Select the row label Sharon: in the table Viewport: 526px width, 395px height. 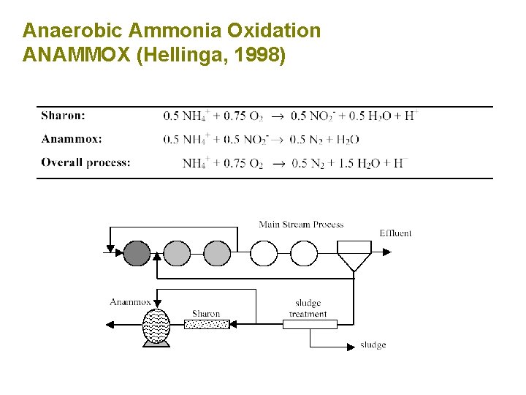[63, 116]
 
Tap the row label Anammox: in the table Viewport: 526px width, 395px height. [72, 139]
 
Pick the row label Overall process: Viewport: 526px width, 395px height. [86, 162]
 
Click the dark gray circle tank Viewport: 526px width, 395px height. [137, 253]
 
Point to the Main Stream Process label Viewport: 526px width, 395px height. [301, 224]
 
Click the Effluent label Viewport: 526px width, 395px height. [395, 233]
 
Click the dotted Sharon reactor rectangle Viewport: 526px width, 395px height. [207, 324]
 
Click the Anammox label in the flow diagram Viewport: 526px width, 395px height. [130, 302]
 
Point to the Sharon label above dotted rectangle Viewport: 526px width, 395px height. [206, 314]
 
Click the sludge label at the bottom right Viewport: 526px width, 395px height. [373, 345]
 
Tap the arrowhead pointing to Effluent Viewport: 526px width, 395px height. [386, 252]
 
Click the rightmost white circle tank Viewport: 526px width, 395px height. [304, 253]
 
